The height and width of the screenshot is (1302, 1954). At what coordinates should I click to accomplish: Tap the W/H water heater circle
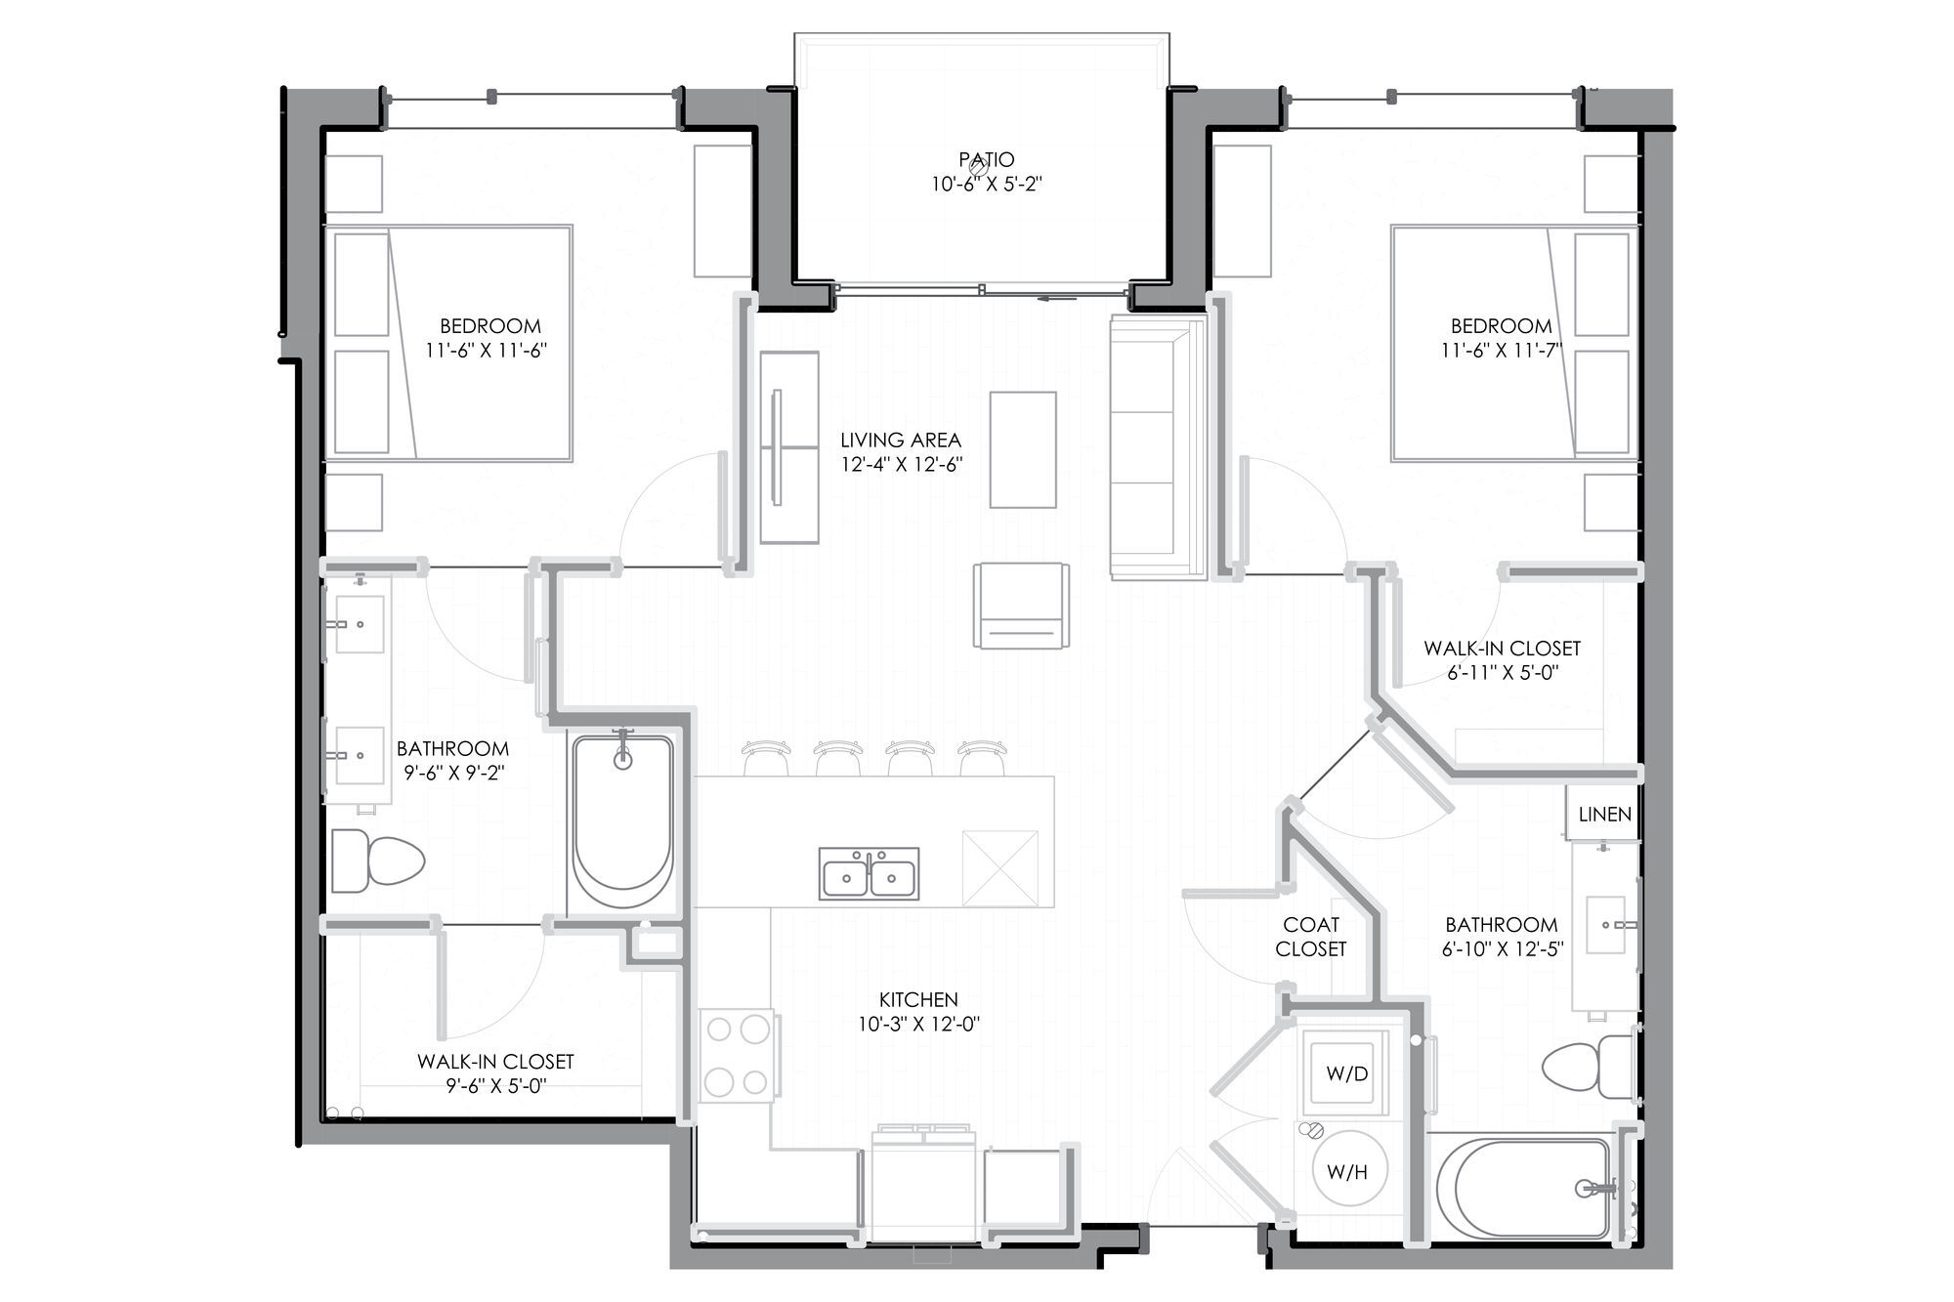tap(1347, 1170)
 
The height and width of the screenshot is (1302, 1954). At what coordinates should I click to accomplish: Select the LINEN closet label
tap(1604, 814)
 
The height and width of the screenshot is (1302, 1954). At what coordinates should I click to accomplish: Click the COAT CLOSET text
tap(1311, 937)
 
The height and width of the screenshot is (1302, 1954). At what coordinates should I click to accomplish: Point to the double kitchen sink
tap(869, 873)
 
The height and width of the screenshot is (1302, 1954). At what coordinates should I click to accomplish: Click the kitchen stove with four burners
tap(738, 1055)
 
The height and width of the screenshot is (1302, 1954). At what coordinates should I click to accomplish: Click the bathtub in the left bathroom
tap(623, 824)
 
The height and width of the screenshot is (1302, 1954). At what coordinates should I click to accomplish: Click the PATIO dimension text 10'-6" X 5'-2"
tap(987, 184)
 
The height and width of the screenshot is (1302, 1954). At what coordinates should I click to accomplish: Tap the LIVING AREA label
tap(901, 441)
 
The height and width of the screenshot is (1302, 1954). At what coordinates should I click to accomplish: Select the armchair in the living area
tap(1021, 605)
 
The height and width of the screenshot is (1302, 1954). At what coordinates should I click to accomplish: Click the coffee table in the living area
tap(1023, 449)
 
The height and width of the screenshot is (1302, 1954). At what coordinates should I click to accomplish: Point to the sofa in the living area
tap(1159, 447)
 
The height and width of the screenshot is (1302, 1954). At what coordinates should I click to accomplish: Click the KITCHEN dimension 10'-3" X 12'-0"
tap(918, 1024)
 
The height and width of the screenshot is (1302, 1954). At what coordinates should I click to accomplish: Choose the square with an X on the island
tap(1000, 868)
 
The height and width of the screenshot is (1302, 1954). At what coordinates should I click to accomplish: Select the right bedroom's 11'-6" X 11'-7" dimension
tap(1501, 350)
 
